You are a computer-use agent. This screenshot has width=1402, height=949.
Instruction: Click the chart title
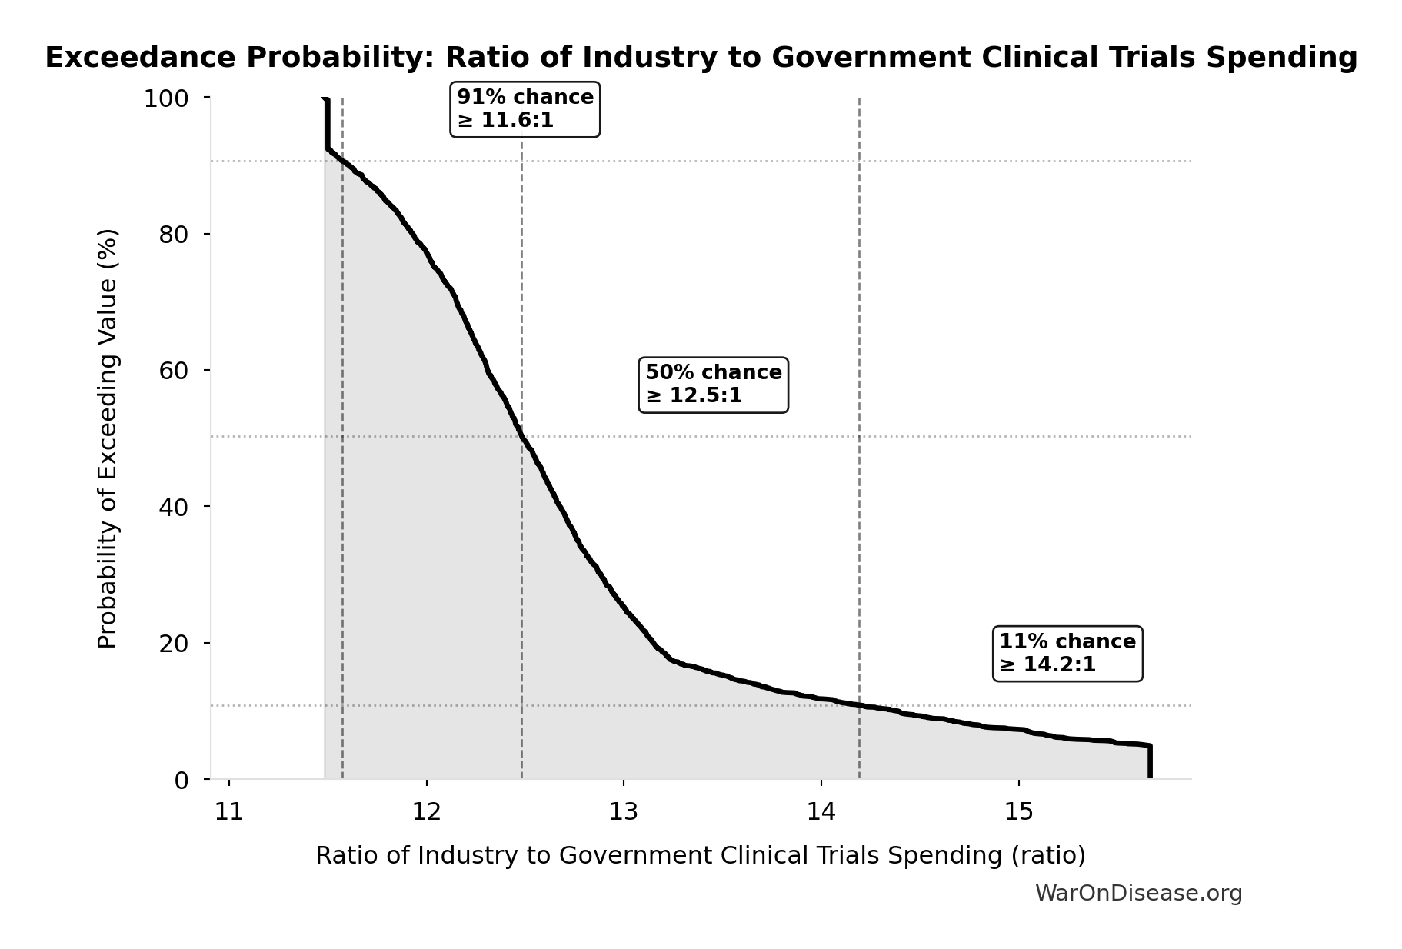pos(701,58)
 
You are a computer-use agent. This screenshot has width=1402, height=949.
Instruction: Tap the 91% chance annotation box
pos(525,108)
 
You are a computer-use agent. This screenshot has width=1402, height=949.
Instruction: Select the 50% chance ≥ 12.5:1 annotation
pos(713,384)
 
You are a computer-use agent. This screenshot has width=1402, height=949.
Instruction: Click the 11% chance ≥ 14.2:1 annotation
pos(1067,653)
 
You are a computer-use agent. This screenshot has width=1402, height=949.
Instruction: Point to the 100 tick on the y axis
pos(166,98)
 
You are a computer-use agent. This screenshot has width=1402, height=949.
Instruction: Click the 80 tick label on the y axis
pos(174,235)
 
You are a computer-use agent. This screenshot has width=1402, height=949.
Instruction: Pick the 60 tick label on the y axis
pos(174,371)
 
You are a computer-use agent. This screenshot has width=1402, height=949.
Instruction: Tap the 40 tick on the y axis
pos(174,507)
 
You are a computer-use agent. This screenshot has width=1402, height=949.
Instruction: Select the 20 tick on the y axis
pos(174,644)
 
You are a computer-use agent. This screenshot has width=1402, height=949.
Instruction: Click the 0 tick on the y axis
pos(181,780)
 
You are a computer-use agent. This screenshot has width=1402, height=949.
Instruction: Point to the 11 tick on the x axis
pos(229,811)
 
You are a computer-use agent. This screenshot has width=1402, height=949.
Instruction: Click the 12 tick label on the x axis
pos(426,811)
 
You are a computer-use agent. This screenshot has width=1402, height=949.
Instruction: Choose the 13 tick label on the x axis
pos(624,811)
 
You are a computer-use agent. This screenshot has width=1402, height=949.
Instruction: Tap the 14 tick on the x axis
pos(821,811)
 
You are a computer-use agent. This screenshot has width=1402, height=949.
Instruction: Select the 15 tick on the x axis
pos(1019,811)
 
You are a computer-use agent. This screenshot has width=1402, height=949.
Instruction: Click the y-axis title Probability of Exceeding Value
pos(108,438)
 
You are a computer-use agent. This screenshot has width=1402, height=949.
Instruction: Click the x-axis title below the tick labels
pos(700,855)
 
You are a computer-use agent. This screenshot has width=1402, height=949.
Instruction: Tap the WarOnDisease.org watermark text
pos(1138,893)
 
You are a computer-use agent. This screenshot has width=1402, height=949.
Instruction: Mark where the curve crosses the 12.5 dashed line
pos(521,436)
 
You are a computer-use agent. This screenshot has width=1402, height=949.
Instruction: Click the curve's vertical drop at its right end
pos(1150,763)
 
